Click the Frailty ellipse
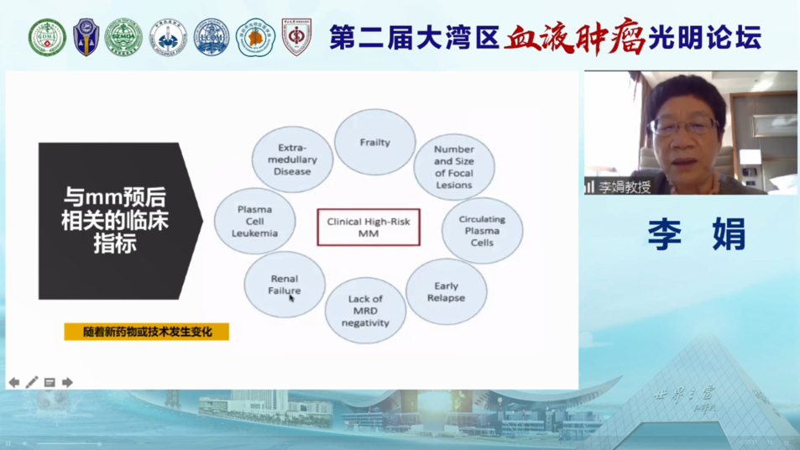click(374, 142)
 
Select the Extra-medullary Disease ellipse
click(292, 159)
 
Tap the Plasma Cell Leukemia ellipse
click(254, 222)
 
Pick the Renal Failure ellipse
click(284, 284)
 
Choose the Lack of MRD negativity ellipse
click(365, 311)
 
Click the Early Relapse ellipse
click(446, 291)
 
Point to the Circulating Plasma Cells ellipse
click(482, 231)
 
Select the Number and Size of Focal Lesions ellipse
click(453, 167)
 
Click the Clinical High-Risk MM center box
click(368, 228)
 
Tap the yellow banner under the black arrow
click(147, 332)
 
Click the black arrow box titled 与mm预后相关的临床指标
click(118, 221)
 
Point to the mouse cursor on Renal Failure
click(291, 297)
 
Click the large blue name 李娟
click(696, 234)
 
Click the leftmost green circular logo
click(47, 38)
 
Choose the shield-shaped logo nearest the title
click(296, 38)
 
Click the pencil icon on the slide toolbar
click(32, 383)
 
